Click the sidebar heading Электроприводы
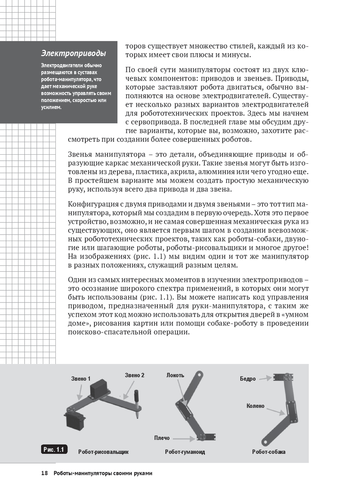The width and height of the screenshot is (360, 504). pyautogui.click(x=73, y=53)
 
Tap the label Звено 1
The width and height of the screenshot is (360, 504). pyautogui.click(x=81, y=378)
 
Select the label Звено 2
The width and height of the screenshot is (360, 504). pyautogui.click(x=135, y=375)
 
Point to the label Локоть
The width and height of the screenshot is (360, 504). pyautogui.click(x=175, y=375)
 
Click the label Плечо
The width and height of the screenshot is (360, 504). pyautogui.click(x=162, y=438)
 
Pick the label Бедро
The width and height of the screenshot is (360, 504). pyautogui.click(x=248, y=378)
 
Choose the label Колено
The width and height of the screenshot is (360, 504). pyautogui.click(x=255, y=406)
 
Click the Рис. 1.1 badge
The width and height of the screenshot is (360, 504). pyautogui.click(x=54, y=449)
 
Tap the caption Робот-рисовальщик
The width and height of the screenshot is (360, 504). pyautogui.click(x=103, y=452)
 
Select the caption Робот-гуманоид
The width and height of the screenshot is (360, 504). pyautogui.click(x=185, y=452)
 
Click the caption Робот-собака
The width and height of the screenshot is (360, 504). pyautogui.click(x=269, y=452)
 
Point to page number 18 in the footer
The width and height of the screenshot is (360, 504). pyautogui.click(x=44, y=473)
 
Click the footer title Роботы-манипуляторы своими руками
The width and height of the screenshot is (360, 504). pyautogui.click(x=103, y=473)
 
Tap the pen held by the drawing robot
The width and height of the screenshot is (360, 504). pyautogui.click(x=137, y=403)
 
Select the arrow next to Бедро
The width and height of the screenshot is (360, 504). pyautogui.click(x=265, y=378)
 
